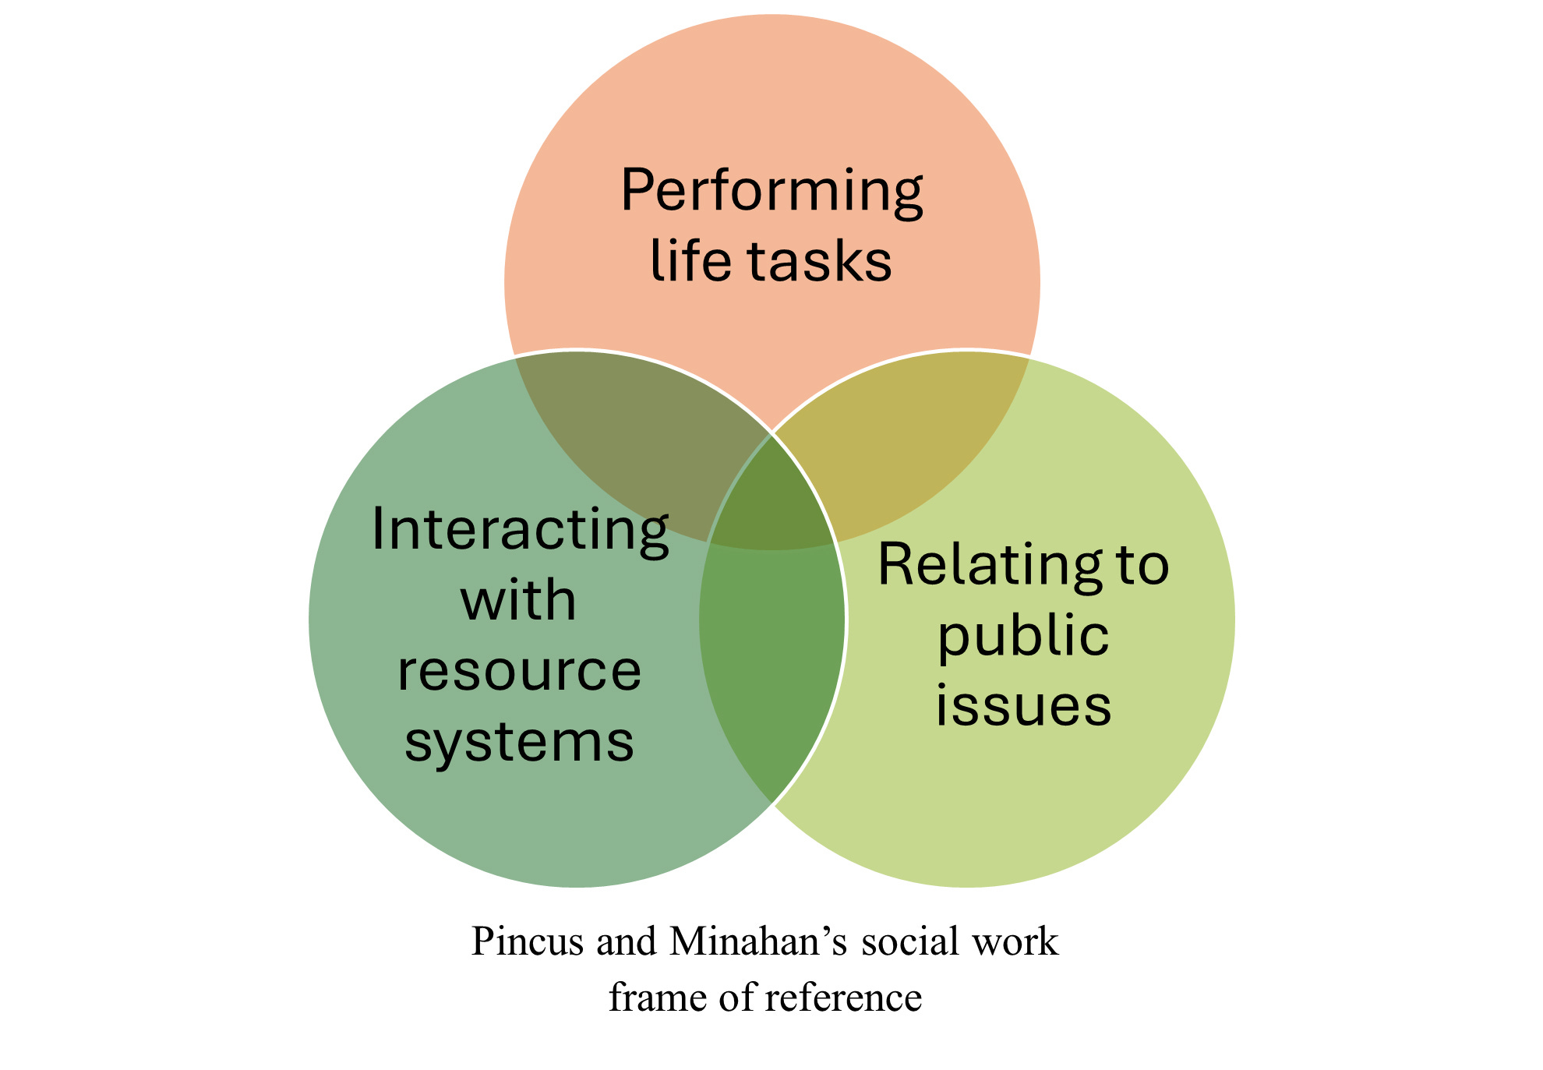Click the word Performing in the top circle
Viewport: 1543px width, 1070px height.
click(771, 192)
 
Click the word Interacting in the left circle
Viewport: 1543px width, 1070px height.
click(520, 531)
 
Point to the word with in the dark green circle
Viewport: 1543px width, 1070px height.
click(518, 601)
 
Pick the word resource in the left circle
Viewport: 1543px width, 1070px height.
click(519, 671)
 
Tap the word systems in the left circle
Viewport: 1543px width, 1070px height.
click(519, 742)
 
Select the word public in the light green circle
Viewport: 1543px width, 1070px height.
click(1022, 636)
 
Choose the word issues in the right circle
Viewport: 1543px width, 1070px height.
click(1023, 706)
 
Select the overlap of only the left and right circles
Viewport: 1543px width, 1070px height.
click(771, 662)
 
